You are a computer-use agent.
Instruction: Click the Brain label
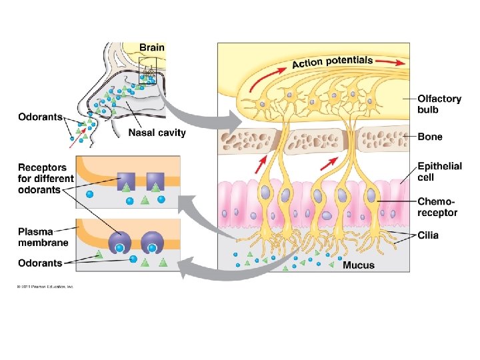coord(151,47)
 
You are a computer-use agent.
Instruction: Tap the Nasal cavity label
coord(157,132)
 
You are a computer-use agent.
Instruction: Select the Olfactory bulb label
coord(439,104)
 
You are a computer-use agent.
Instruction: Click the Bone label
coord(430,137)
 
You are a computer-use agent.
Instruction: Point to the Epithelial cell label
coord(439,171)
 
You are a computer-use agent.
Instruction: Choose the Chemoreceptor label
coord(437,207)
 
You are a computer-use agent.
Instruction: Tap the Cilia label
coord(428,235)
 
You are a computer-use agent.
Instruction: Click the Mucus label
coord(358,265)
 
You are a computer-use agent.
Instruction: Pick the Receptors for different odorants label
coord(46,178)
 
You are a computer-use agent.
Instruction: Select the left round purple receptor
coord(121,240)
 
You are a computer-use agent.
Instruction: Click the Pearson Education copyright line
coord(45,287)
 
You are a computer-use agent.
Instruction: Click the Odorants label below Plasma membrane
coord(40,263)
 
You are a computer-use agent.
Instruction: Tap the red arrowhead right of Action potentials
coord(399,63)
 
